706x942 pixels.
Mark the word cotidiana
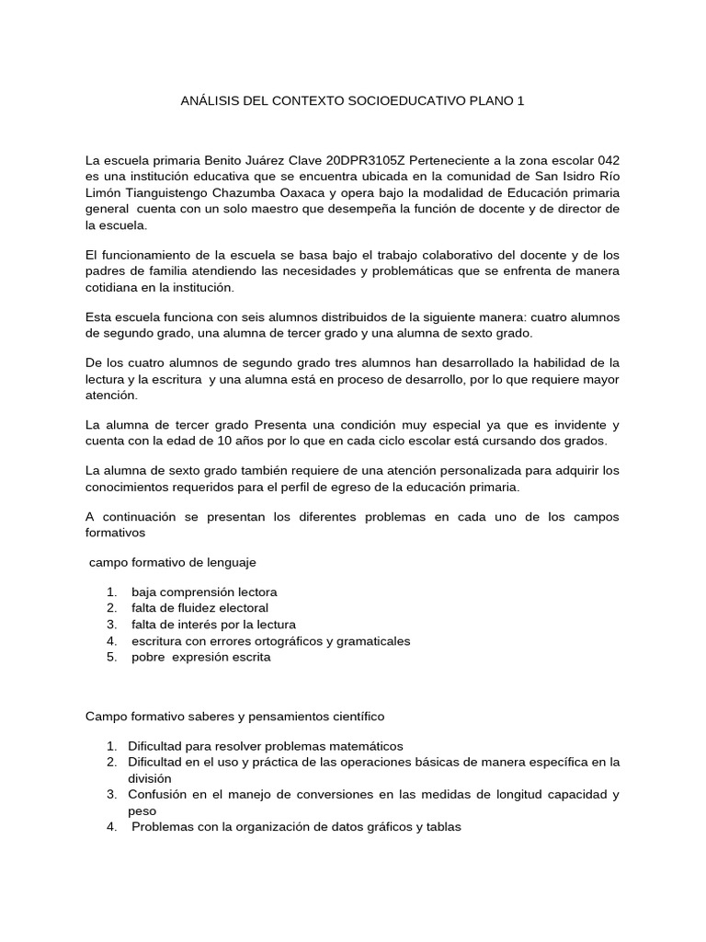pyautogui.click(x=115, y=287)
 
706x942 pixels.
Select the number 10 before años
pyautogui.click(x=236, y=442)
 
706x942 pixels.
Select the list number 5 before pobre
pyautogui.click(x=110, y=657)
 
